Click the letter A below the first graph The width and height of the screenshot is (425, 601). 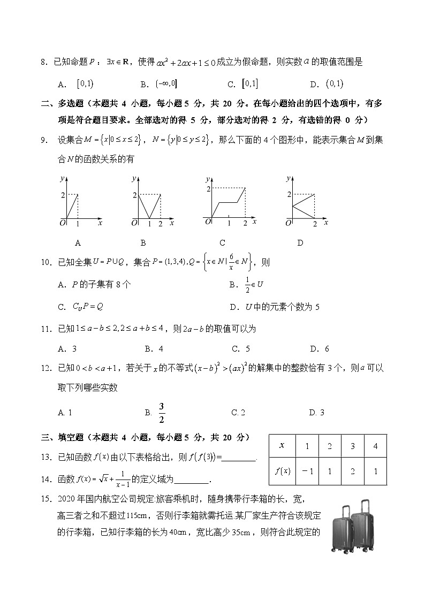pos(78,242)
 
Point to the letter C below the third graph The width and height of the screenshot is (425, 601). pos(222,242)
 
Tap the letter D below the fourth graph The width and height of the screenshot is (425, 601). pos(300,242)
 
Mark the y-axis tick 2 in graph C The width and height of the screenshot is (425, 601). pos(209,189)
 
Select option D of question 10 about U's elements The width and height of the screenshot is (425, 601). pos(274,307)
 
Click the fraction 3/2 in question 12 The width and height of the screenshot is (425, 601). pos(161,412)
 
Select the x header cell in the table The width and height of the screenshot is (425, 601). pos(282,446)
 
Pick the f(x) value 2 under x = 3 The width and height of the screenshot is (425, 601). pos(352,471)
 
